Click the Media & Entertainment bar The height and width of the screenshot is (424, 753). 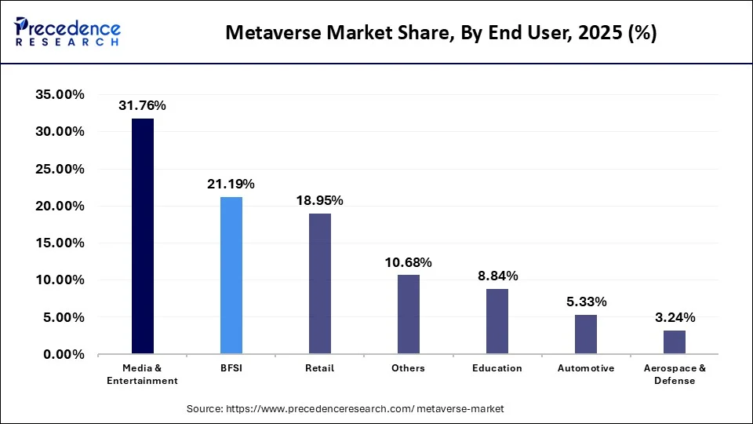click(x=143, y=236)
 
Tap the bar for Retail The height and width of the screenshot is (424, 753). click(x=320, y=283)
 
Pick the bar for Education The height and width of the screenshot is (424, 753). click(x=497, y=321)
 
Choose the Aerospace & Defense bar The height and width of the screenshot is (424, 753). click(x=675, y=342)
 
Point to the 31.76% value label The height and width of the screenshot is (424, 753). click(x=142, y=105)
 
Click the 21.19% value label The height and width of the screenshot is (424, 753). click(x=231, y=184)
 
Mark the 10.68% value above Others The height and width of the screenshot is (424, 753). click(x=409, y=261)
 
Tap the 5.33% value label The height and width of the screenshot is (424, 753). click(x=586, y=302)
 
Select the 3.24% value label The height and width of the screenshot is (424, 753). click(x=675, y=317)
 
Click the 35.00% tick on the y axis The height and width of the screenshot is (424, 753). click(x=60, y=95)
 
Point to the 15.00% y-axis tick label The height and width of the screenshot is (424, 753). click(x=60, y=243)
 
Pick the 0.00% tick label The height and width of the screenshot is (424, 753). click(x=63, y=355)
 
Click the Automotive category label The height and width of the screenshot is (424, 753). click(x=586, y=368)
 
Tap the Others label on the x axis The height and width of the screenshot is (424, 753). click(x=409, y=368)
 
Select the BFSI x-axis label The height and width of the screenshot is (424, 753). click(x=231, y=368)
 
